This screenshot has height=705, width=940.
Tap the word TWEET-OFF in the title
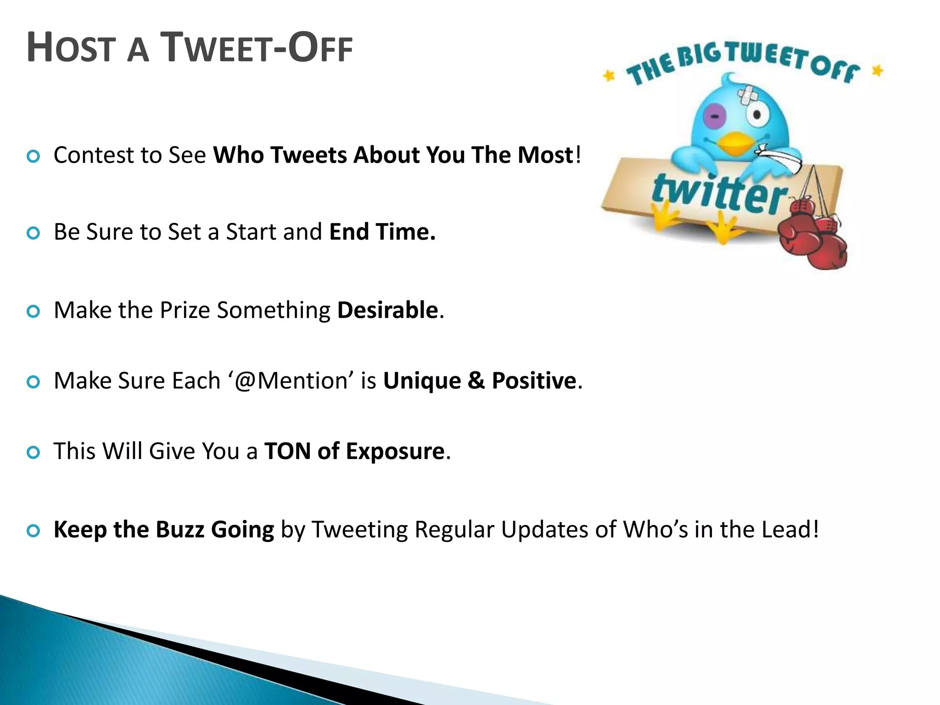pos(257,48)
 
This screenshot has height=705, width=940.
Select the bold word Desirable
pos(388,310)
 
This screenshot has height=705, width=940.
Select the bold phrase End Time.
pos(382,232)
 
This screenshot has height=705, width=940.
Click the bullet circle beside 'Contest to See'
pos(34,157)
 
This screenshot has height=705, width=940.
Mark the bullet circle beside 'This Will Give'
pos(34,453)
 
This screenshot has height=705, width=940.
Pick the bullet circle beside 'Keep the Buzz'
pos(34,532)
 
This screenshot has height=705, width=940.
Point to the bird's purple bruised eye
pos(715,117)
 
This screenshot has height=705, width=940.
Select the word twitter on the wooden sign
pos(718,193)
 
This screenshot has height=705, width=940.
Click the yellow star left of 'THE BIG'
pos(609,75)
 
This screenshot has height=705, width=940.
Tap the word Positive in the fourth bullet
pos(534,381)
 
